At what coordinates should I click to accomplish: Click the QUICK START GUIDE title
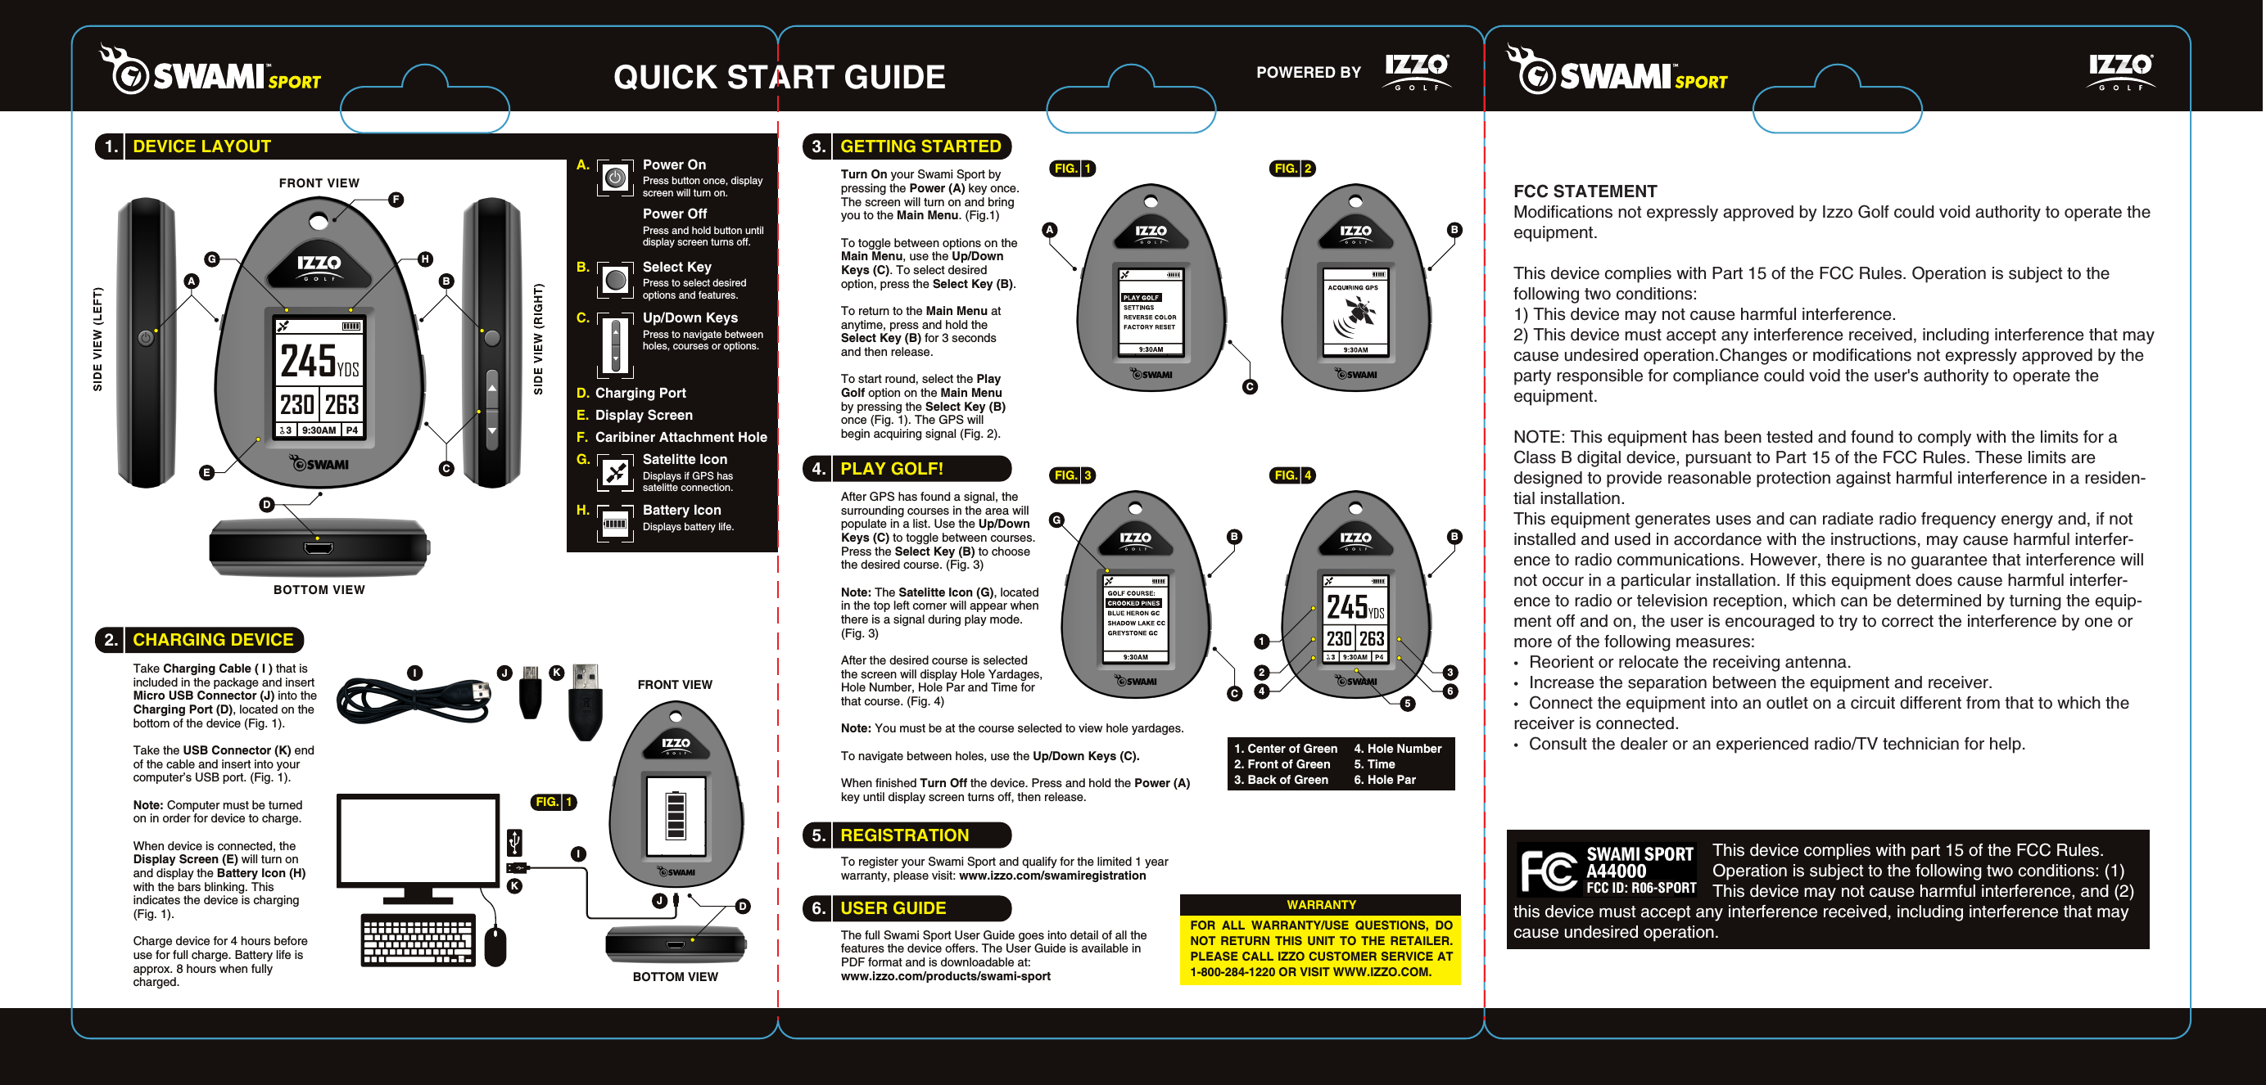coord(779,78)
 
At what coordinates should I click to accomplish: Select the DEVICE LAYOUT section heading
coord(201,146)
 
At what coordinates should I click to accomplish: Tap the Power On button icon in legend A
coord(615,178)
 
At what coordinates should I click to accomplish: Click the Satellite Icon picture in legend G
coord(615,473)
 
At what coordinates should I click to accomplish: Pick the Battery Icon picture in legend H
coord(615,524)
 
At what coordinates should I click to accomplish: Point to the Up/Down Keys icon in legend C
coord(615,344)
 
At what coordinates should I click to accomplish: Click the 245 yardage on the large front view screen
coord(308,361)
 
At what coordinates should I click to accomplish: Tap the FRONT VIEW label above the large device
coord(319,183)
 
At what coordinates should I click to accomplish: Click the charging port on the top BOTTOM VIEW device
coord(318,549)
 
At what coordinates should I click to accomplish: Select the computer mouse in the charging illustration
coord(495,946)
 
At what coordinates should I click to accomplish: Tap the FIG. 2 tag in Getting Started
coord(1292,168)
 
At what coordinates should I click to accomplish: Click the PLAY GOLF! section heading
coord(890,469)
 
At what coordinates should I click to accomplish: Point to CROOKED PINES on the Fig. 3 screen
coord(1133,603)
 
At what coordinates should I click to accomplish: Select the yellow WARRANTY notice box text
coord(1319,948)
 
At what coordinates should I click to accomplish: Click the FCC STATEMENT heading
coord(1585,191)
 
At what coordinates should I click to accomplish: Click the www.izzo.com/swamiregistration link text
coord(1052,876)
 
